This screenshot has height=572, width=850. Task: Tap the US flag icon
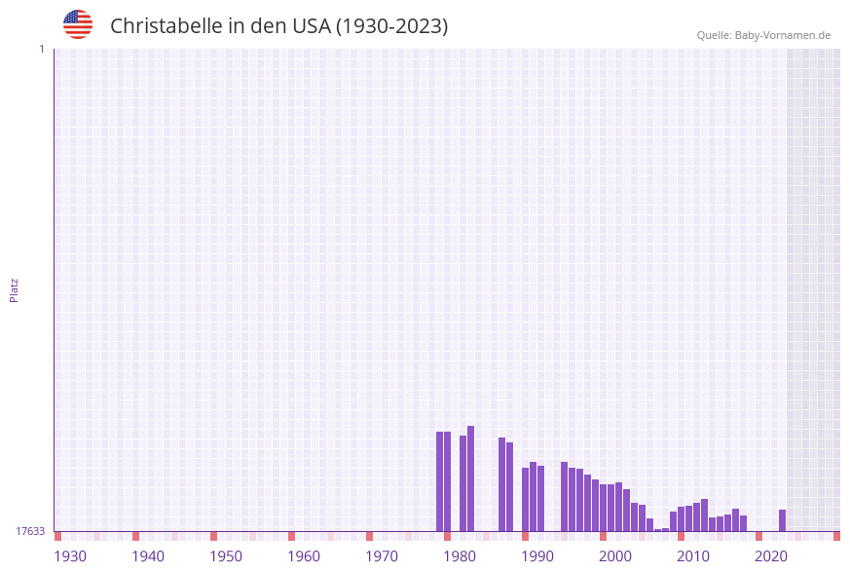(x=78, y=24)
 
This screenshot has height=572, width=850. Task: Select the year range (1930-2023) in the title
(x=391, y=26)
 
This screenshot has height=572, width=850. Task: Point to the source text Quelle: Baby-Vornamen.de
(x=763, y=35)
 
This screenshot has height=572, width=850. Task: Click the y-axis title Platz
(x=15, y=289)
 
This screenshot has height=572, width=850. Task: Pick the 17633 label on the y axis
(x=30, y=531)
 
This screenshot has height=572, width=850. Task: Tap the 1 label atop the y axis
(x=41, y=49)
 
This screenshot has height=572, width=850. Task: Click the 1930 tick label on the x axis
(x=70, y=556)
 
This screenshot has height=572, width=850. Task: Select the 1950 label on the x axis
(x=226, y=556)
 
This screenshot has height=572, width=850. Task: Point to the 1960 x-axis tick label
(x=304, y=556)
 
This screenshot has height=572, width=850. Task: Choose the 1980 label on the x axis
(x=460, y=556)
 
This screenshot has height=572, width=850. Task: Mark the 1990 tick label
(x=537, y=556)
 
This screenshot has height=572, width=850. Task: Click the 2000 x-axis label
(x=615, y=556)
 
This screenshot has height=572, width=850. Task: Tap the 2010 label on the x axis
(x=693, y=556)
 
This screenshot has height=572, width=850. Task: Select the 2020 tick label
(x=771, y=556)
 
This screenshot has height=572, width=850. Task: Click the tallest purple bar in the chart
(x=471, y=478)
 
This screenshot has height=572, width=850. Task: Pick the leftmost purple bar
(x=440, y=481)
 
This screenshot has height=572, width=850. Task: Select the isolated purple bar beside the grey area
(x=782, y=520)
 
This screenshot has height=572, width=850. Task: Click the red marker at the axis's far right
(x=836, y=536)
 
